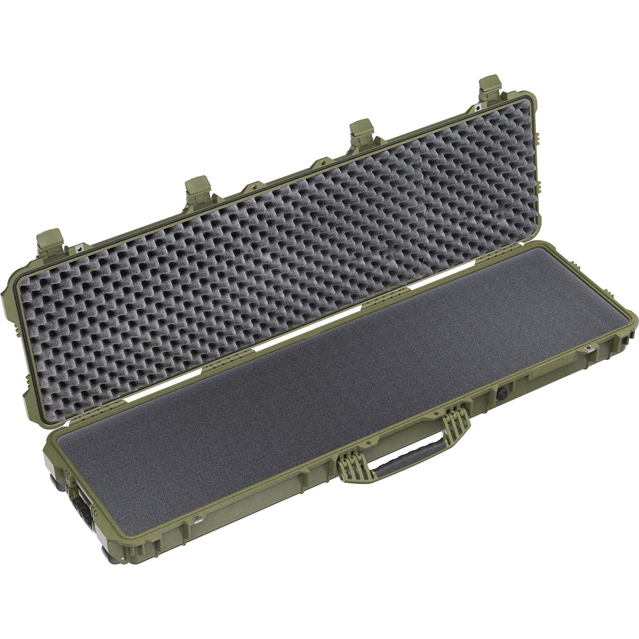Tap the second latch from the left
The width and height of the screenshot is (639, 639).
click(x=198, y=189)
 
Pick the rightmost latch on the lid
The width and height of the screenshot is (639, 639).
click(x=491, y=88)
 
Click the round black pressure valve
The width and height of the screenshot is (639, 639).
click(x=502, y=395)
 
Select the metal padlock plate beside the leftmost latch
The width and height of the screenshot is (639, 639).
click(x=80, y=247)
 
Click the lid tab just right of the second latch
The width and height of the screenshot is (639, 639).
click(x=250, y=187)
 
